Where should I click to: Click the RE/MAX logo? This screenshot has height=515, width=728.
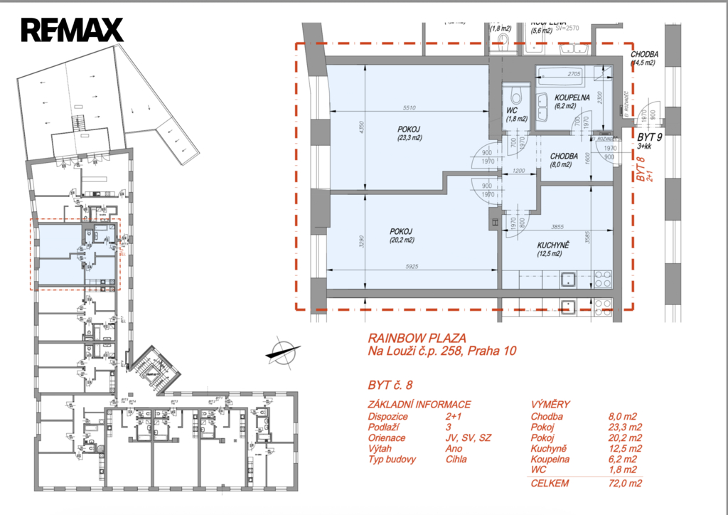click(x=72, y=30)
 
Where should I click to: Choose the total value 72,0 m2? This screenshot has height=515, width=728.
click(x=626, y=484)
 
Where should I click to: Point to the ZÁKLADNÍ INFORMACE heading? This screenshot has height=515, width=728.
click(x=419, y=404)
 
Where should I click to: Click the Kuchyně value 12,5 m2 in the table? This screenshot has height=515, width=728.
click(x=626, y=449)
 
